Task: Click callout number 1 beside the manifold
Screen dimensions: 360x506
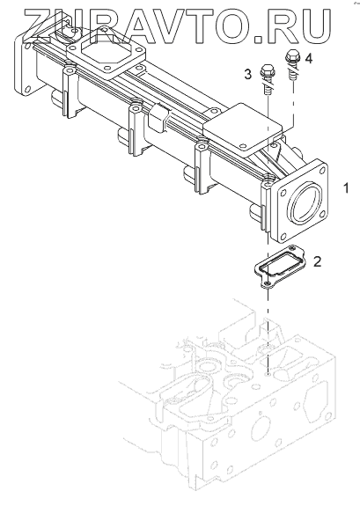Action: pos(346,187)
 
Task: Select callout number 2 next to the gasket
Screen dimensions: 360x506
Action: pos(318,261)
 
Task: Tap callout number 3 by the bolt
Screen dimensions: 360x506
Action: pos(247,75)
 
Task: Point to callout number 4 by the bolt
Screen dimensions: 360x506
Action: pos(309,59)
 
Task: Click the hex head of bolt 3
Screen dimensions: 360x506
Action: pos(266,71)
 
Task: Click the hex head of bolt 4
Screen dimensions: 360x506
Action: pos(293,55)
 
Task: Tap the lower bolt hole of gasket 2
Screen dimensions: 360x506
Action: pos(267,283)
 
